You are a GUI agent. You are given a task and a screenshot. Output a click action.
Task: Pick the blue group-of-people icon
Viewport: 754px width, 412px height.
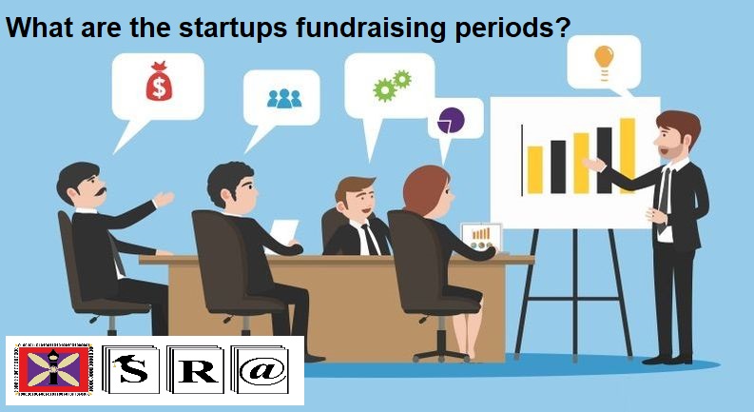[283, 97]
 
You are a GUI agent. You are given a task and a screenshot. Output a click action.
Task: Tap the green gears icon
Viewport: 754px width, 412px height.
[391, 85]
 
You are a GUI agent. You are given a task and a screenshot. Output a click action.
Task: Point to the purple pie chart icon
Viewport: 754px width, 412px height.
[450, 120]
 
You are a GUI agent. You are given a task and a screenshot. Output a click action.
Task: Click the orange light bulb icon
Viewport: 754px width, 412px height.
[603, 57]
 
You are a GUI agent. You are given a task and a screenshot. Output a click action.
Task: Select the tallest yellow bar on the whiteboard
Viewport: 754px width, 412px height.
[627, 154]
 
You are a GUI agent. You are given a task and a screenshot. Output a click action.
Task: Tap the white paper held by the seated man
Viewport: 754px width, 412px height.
[284, 232]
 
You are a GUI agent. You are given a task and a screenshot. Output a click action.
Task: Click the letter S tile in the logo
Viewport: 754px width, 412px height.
[141, 371]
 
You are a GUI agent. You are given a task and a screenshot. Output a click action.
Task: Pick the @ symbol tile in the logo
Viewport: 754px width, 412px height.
[260, 371]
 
